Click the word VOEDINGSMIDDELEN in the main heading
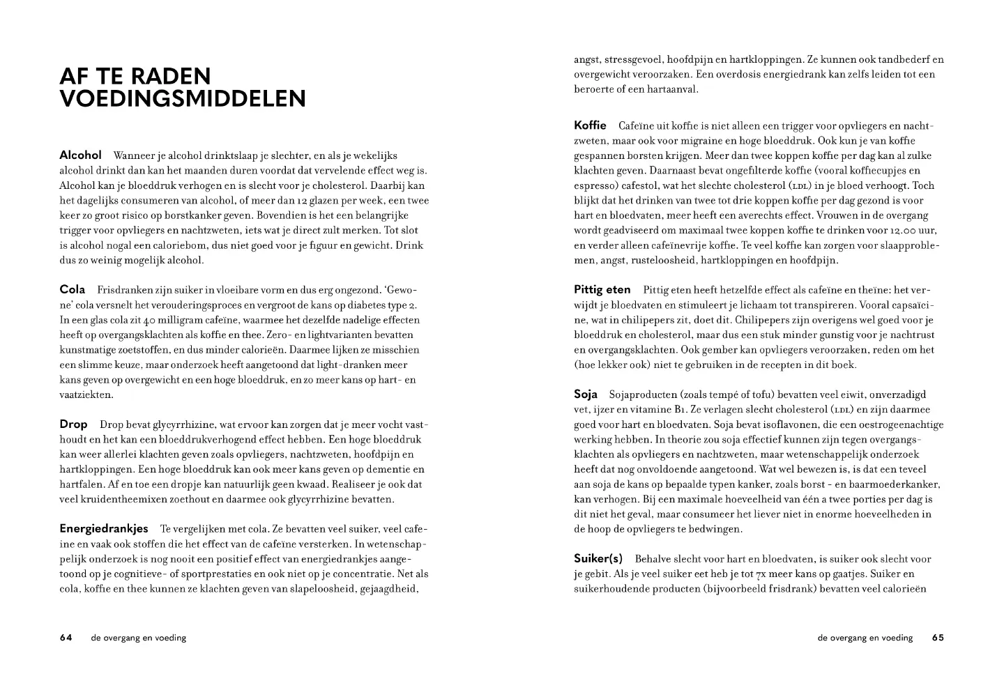(x=183, y=99)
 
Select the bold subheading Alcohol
(x=80, y=155)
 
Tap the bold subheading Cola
(x=73, y=289)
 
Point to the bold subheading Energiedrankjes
(x=104, y=528)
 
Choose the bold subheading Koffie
(x=590, y=125)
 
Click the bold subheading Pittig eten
(x=602, y=289)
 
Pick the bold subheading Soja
(x=586, y=394)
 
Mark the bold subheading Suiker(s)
(x=598, y=558)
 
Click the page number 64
(x=66, y=637)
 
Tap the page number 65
(x=938, y=637)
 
